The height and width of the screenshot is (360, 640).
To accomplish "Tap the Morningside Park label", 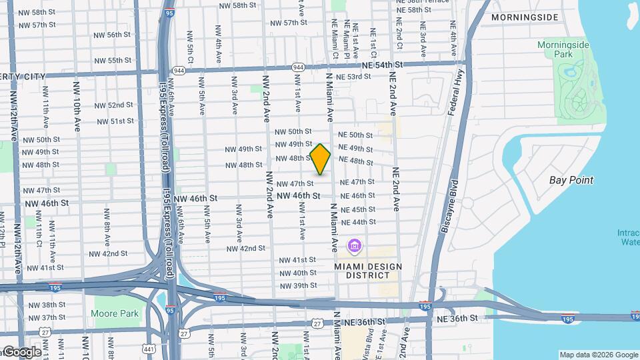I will [564, 49].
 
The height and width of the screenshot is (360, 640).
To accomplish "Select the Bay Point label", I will [571, 180].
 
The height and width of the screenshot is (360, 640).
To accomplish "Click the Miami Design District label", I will [369, 271].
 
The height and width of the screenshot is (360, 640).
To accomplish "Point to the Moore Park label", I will [116, 313].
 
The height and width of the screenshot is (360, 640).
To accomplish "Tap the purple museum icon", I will [355, 248].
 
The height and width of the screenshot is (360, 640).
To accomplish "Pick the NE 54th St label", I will [383, 65].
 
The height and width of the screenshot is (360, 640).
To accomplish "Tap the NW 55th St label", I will [113, 60].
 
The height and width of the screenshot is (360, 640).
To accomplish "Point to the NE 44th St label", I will [358, 222].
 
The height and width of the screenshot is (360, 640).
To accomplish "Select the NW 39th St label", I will [298, 285].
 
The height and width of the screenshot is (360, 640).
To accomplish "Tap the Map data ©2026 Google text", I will [599, 355].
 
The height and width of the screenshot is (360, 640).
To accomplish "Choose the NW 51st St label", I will [115, 121].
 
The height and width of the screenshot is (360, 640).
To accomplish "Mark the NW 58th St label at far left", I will [37, 13].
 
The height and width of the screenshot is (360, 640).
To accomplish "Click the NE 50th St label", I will [356, 135].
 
